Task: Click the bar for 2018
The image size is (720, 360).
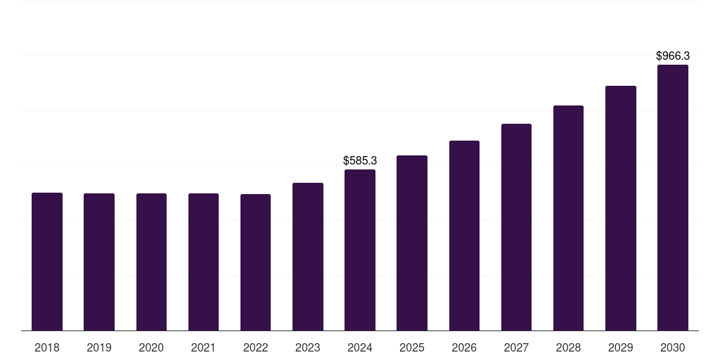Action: (x=47, y=262)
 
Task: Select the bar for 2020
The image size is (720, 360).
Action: (x=151, y=262)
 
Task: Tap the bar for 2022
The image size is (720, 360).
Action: (x=255, y=262)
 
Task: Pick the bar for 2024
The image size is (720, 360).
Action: (x=360, y=250)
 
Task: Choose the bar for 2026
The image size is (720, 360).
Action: (x=464, y=236)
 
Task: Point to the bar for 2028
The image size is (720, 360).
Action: (x=568, y=218)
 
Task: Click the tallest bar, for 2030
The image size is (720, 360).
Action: (x=673, y=198)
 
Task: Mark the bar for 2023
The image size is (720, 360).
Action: (x=308, y=257)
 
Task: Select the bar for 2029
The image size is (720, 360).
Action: (x=621, y=208)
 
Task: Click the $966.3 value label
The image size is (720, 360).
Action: (x=673, y=56)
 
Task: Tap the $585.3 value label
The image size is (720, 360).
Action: (x=360, y=161)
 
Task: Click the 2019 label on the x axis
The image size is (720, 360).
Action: (x=99, y=347)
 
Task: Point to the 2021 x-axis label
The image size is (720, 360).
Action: (x=203, y=347)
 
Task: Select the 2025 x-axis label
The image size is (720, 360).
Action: (x=412, y=347)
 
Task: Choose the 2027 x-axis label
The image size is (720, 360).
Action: (x=516, y=347)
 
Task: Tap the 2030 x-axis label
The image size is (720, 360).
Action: (x=673, y=347)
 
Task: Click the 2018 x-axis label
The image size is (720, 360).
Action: (x=47, y=347)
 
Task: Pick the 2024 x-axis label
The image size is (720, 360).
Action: (x=360, y=347)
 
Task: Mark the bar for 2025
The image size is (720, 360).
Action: (x=412, y=243)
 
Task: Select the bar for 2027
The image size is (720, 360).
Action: (x=516, y=227)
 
